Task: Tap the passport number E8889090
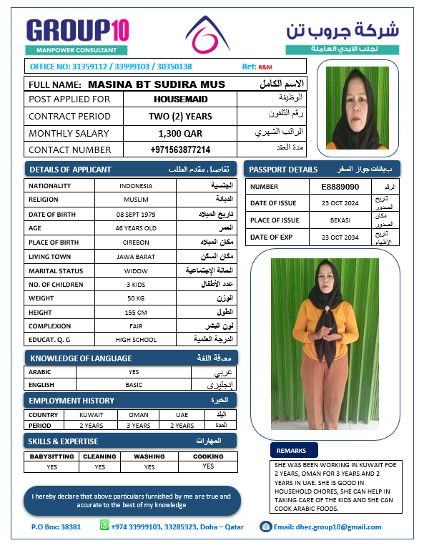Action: [340, 186]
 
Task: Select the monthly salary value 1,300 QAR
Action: [180, 133]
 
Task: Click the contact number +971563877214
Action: [180, 150]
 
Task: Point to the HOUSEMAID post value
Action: [180, 99]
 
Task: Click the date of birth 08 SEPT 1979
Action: [136, 215]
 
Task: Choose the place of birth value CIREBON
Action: [136, 243]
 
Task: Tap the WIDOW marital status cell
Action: [136, 271]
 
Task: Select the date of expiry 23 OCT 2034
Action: [340, 237]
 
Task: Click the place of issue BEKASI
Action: [340, 220]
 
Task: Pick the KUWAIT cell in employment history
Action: [92, 415]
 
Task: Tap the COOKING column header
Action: [208, 456]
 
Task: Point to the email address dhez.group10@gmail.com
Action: [327, 527]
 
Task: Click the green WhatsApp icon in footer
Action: [104, 527]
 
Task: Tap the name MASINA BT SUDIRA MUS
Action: [156, 84]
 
